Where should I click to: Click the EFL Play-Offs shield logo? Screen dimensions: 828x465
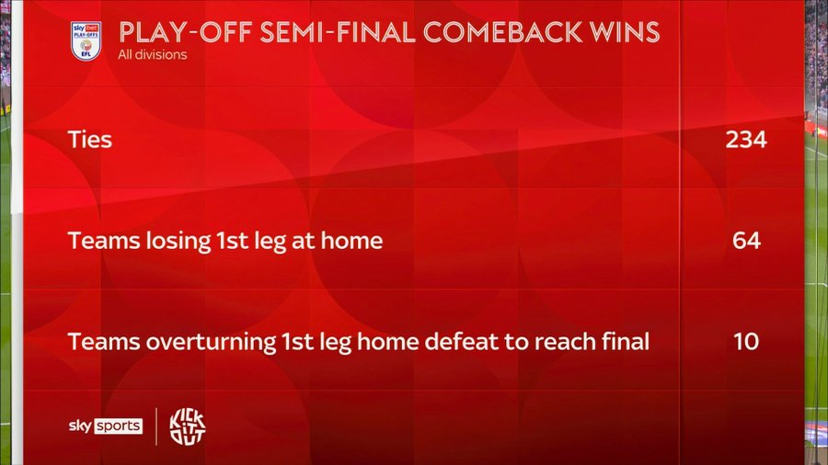[x=86, y=40]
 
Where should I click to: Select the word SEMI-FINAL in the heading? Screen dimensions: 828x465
[x=338, y=32]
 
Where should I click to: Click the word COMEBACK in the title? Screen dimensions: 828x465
[x=502, y=32]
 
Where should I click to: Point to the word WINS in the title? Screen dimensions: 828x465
[x=625, y=32]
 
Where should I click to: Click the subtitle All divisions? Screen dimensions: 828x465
[x=153, y=55]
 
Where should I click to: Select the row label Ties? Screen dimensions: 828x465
[x=90, y=140]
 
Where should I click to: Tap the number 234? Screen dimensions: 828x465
[x=745, y=140]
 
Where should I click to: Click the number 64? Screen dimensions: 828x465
[x=747, y=241]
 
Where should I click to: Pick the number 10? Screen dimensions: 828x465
[x=746, y=342]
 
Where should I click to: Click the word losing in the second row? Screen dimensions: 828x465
[x=178, y=242]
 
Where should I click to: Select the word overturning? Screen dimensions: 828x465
[x=211, y=343]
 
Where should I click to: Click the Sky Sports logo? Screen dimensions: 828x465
[x=106, y=426]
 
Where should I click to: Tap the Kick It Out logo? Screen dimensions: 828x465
[x=188, y=426]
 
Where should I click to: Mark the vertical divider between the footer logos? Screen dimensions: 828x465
[x=156, y=426]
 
